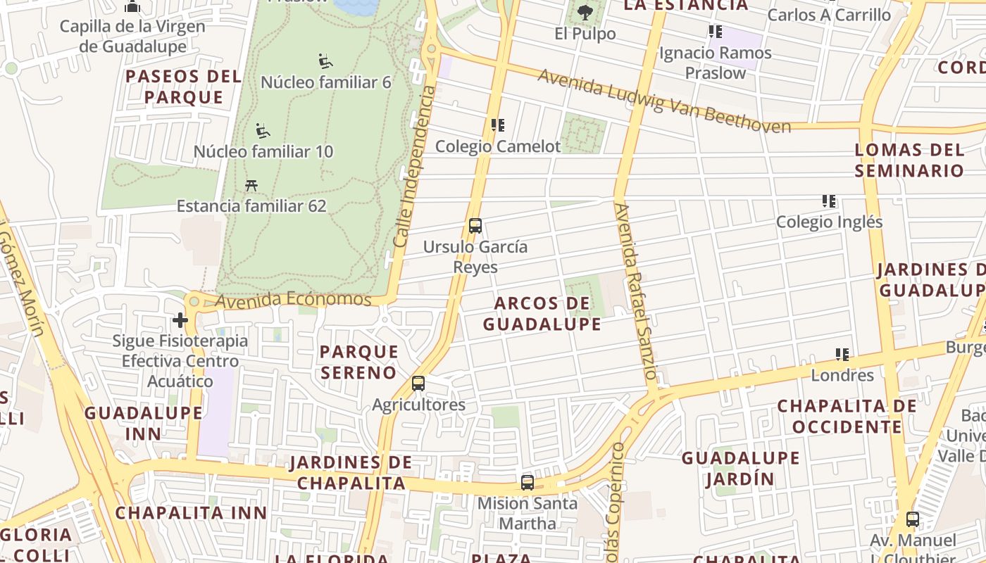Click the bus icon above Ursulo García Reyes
coord(475,226)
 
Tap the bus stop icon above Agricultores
coord(418,384)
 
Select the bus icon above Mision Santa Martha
coord(528,483)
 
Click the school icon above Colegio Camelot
coord(498,125)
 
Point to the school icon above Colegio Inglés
coord(829,201)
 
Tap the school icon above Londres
coord(842,354)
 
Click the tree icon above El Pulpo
coord(585,12)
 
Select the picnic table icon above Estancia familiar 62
coord(251,185)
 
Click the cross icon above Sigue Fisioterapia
coord(180,321)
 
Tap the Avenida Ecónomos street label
coord(293,300)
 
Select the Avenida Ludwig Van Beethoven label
coord(664,101)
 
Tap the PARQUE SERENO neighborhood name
coord(359,362)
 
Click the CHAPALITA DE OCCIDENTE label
coord(847,417)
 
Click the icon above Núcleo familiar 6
coord(325,61)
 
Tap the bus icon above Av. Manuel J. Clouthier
coord(913,520)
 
